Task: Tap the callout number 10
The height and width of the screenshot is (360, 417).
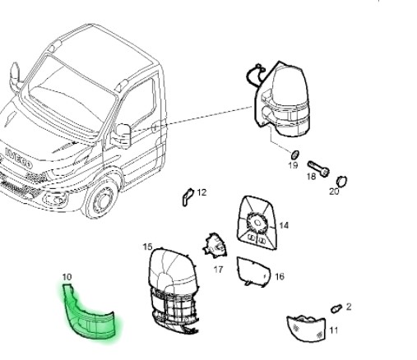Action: coord(67,277)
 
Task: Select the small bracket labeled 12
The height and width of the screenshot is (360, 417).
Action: coord(188,196)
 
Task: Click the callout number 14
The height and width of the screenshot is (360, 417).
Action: coord(284,225)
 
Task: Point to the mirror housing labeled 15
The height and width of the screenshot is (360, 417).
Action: coord(174,290)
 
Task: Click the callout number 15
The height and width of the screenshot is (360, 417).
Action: coord(147,247)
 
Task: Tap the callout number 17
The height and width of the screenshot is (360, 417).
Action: coord(218,270)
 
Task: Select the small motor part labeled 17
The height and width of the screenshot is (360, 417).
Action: coord(215,245)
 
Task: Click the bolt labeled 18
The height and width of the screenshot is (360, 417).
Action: coord(318,168)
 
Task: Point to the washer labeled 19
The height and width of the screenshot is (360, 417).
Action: coord(294,155)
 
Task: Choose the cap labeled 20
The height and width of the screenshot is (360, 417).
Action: coord(341,182)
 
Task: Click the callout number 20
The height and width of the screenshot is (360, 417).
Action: coord(334,192)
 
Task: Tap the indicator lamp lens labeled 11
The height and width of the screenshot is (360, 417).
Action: coord(306,328)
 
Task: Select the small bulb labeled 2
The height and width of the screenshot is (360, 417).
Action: coord(336,308)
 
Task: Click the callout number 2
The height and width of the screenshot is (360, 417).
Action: coord(349,307)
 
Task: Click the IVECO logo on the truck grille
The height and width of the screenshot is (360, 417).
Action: coord(18,158)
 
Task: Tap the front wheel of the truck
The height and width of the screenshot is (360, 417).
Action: coord(101,198)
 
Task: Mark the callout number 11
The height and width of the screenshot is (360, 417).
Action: coord(333,330)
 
